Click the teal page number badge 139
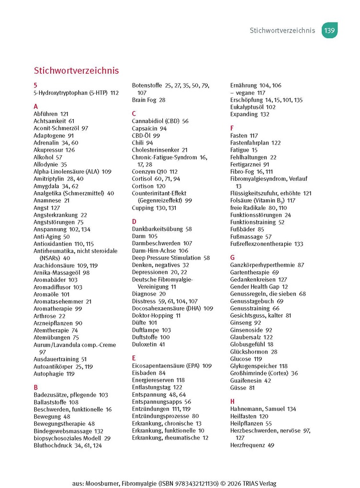329,30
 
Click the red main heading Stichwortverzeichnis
76,71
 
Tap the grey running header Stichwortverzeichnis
282,31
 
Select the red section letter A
36,107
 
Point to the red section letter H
232,401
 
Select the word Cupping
143,208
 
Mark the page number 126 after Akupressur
70,150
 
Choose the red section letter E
134,358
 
